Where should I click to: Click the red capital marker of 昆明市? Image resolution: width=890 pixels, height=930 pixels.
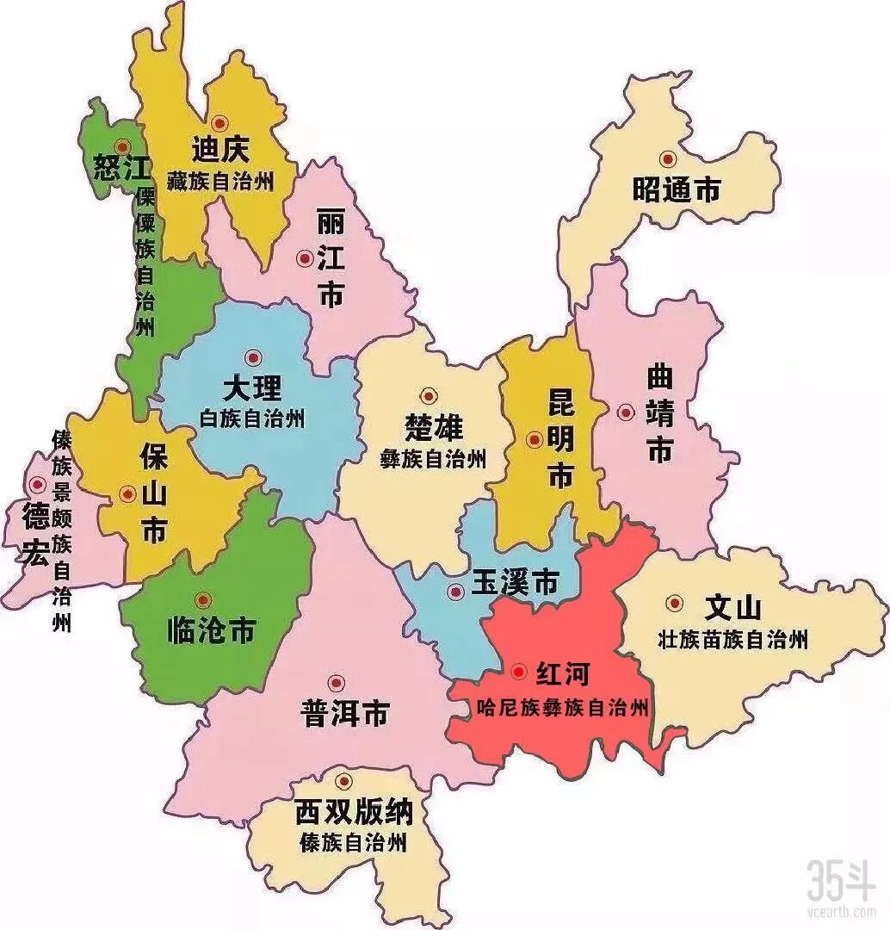(x=535, y=440)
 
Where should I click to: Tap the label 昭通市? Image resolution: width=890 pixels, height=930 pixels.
(x=676, y=189)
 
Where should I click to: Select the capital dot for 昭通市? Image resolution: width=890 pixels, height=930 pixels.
(x=667, y=158)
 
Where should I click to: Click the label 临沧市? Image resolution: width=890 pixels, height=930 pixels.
(x=210, y=631)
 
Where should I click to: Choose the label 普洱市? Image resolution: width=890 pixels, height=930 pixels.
(x=344, y=713)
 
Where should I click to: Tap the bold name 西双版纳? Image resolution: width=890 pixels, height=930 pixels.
(x=354, y=811)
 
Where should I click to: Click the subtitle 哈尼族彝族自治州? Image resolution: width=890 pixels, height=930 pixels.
(x=561, y=708)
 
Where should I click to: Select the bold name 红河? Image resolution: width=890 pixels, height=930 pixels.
(x=562, y=673)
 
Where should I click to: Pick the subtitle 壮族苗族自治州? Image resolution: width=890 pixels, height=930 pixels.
(x=732, y=640)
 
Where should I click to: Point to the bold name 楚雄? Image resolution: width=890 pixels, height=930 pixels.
(x=433, y=427)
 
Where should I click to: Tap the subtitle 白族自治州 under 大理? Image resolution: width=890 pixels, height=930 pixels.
(x=251, y=419)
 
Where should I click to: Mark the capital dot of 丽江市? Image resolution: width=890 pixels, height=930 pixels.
(x=304, y=257)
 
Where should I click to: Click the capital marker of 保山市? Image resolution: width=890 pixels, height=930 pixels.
(x=127, y=494)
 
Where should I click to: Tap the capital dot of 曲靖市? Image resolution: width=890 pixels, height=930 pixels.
(x=626, y=412)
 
